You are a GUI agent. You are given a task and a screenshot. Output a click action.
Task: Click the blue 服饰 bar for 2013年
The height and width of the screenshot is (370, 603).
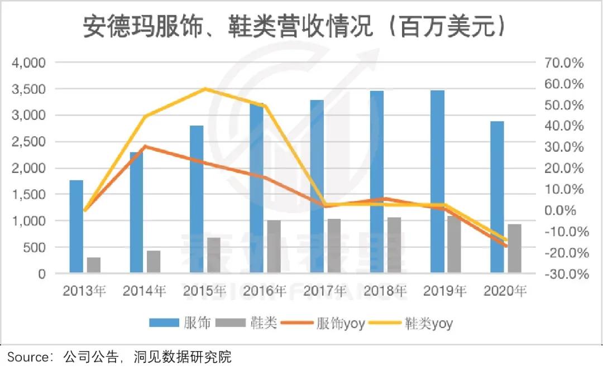click(x=76, y=227)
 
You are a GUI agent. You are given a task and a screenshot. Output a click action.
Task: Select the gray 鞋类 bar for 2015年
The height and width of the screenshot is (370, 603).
click(x=214, y=255)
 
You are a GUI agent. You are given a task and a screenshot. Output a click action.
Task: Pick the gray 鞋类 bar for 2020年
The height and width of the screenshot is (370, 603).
click(x=514, y=248)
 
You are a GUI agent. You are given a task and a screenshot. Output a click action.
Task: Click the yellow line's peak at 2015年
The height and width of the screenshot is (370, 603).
click(x=205, y=89)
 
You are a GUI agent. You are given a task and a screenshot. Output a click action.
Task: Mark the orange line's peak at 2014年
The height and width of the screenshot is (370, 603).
click(x=145, y=146)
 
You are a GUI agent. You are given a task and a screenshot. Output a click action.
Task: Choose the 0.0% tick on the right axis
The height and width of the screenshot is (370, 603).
click(x=566, y=210)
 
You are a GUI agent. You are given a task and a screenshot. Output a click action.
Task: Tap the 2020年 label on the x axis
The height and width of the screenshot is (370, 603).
click(x=505, y=291)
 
